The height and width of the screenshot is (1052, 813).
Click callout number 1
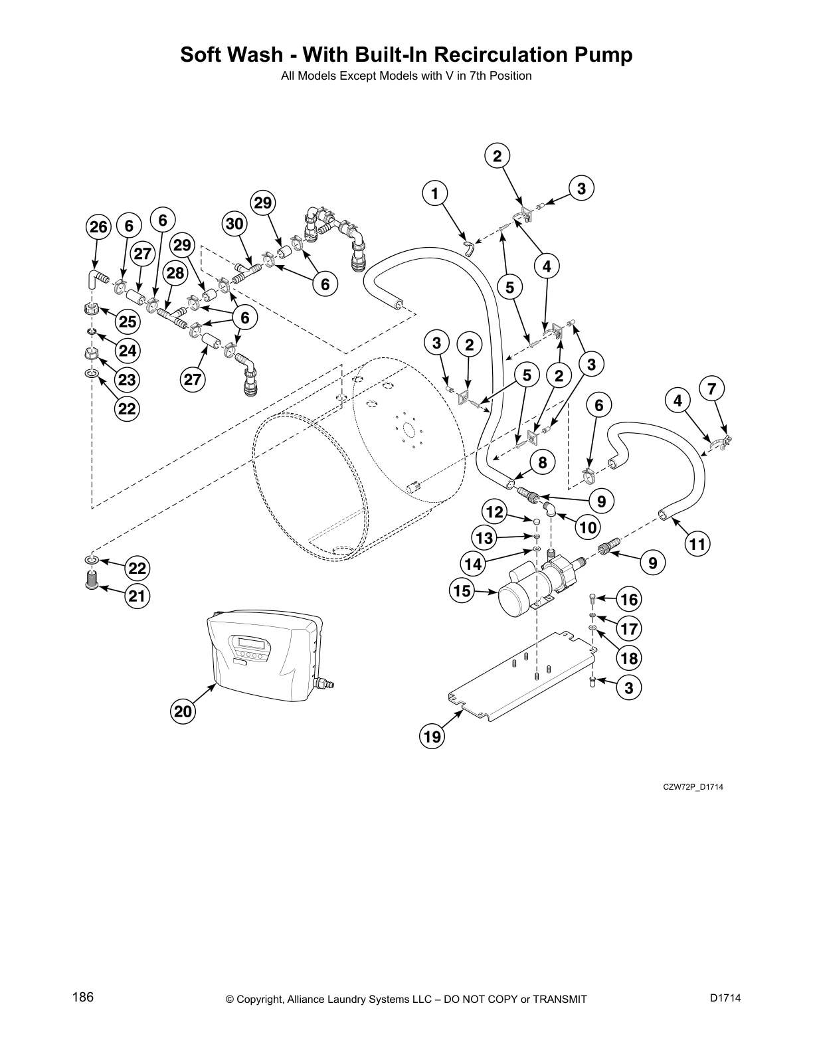[x=434, y=194]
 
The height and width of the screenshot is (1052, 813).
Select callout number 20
[x=183, y=712]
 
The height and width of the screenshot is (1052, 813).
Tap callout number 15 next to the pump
[x=462, y=591]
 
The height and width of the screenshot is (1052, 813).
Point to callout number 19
[x=432, y=737]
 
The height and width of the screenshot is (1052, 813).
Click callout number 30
[x=235, y=224]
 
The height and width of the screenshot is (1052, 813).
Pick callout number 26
[x=98, y=227]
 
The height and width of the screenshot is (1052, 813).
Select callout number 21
[x=137, y=596]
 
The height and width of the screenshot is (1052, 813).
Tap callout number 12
[x=494, y=512]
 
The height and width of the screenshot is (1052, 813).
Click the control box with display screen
[x=266, y=657]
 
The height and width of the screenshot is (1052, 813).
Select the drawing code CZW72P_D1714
[x=693, y=787]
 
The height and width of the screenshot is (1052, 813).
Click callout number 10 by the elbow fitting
[x=588, y=528]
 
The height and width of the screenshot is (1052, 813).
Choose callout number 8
[x=542, y=463]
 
